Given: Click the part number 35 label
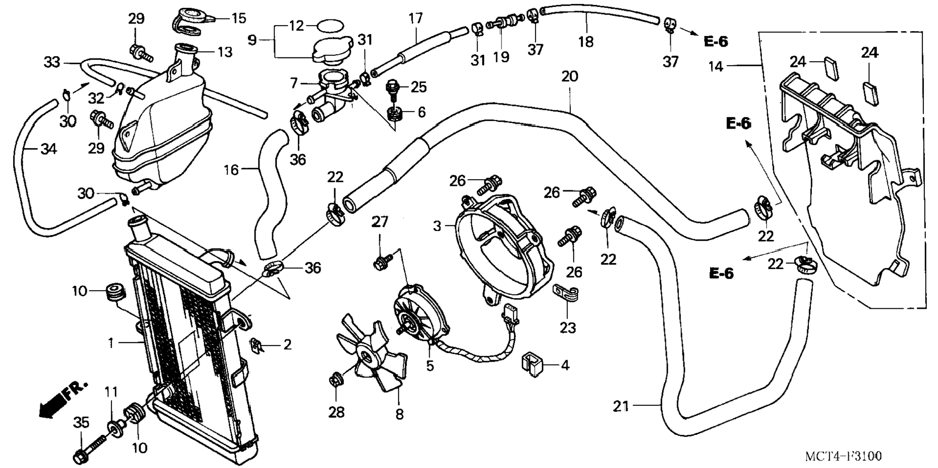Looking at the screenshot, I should [x=81, y=422].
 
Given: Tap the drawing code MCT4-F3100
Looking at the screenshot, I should [x=843, y=456].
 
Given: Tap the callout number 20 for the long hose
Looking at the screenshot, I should [x=570, y=77].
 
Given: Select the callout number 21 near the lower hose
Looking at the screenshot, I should [x=620, y=406].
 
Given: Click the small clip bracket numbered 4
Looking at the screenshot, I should [x=531, y=365].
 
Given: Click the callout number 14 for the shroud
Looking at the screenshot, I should [x=715, y=66].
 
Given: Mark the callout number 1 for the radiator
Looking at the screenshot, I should [x=111, y=343].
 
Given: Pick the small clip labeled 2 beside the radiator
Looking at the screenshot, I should [x=257, y=346].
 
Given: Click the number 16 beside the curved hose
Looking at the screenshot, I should [x=231, y=169].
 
